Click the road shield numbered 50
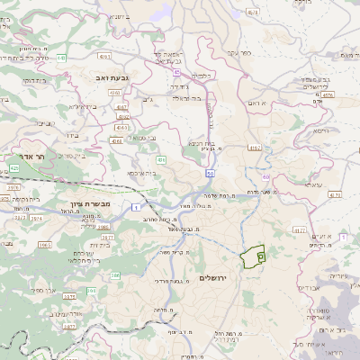click(x=209, y=172)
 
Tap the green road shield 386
click(x=91, y=290)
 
